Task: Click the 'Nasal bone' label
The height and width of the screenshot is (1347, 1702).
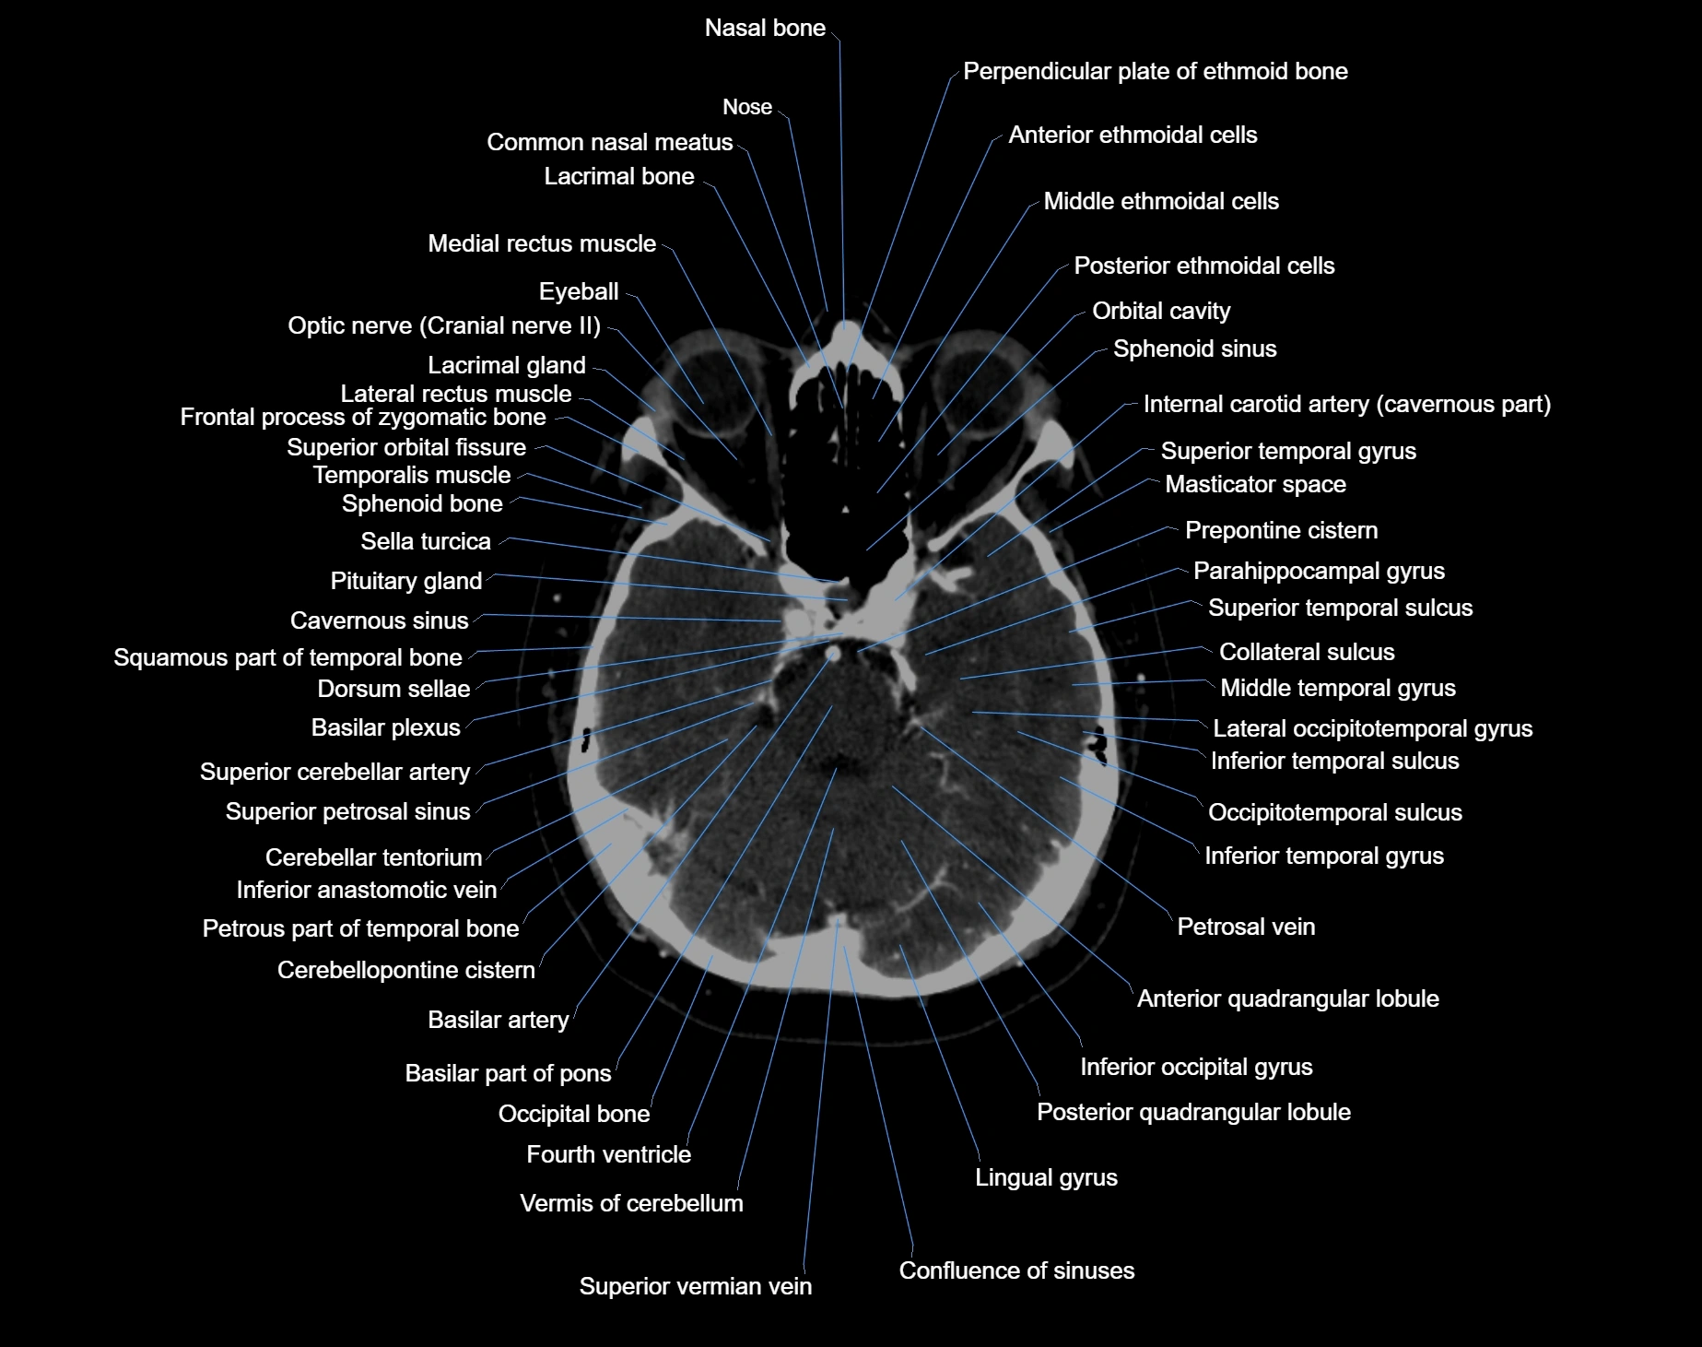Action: tap(765, 29)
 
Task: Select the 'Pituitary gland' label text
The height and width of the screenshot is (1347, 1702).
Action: tap(406, 582)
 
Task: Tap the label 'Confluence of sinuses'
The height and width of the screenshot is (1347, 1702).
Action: tap(1016, 1270)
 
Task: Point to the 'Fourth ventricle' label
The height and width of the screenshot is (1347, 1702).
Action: tap(609, 1154)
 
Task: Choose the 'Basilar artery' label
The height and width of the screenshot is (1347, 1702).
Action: tap(499, 1021)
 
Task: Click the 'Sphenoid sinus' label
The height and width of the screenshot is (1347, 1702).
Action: tap(1195, 349)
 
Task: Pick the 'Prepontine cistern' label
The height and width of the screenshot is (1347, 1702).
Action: tap(1282, 531)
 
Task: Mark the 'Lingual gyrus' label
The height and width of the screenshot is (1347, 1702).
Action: tap(1047, 1178)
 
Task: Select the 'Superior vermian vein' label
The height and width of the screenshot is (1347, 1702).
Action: tap(696, 1286)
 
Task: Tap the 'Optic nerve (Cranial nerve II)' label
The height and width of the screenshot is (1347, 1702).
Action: tap(444, 326)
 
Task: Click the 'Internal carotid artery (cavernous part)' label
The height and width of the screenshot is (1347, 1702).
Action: tap(1347, 405)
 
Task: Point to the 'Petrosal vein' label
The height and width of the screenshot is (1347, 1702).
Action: tap(1247, 928)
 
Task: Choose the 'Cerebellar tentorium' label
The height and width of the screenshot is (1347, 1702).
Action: tap(374, 858)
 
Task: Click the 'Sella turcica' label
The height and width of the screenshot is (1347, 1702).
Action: tap(426, 542)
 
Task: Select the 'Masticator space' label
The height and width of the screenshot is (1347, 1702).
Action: tap(1256, 485)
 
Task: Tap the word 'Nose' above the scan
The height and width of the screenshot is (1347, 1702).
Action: tap(747, 108)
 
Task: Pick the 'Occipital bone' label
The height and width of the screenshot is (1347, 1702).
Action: tap(574, 1115)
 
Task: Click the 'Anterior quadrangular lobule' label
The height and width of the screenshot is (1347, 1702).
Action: tap(1288, 999)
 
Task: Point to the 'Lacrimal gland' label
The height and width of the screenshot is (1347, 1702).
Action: tap(507, 366)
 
